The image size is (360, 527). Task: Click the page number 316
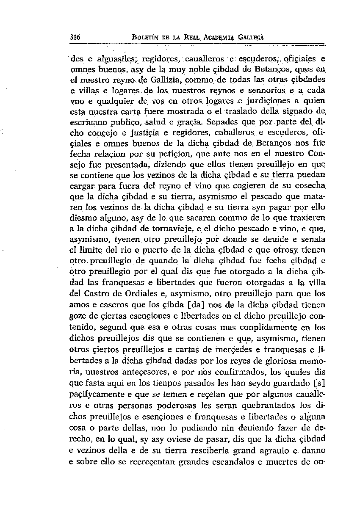click(x=75, y=37)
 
